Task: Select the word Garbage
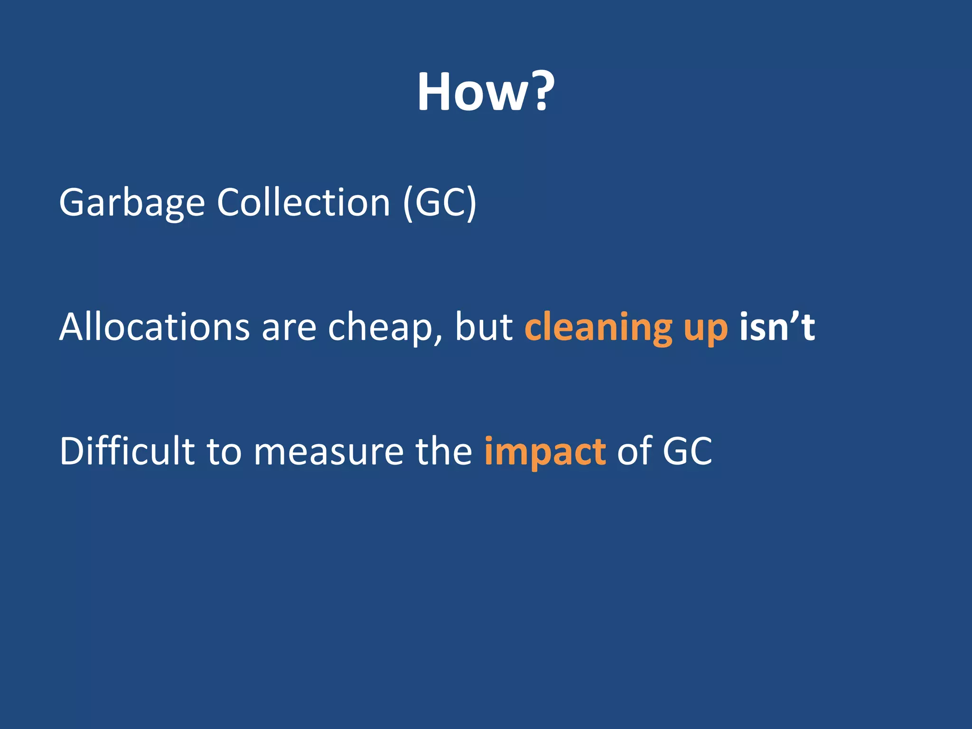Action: pos(132,203)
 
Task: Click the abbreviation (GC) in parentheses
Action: pos(439,203)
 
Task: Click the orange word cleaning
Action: pos(598,327)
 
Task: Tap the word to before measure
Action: pos(224,451)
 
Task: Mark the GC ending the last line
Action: pos(687,451)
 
